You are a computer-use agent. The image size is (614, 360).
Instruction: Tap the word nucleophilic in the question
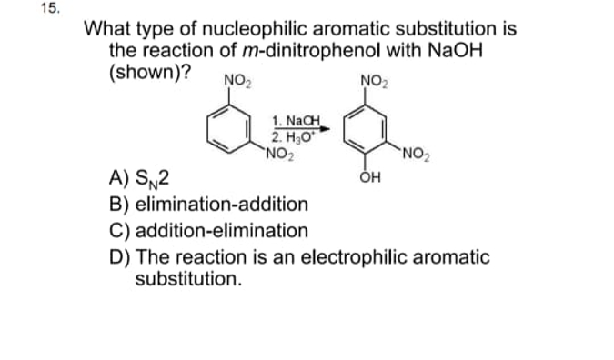pyautogui.click(x=230, y=28)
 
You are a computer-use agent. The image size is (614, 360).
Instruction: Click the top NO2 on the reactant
pyautogui.click(x=236, y=79)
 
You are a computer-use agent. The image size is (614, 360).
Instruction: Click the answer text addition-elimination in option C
pyautogui.click(x=224, y=230)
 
